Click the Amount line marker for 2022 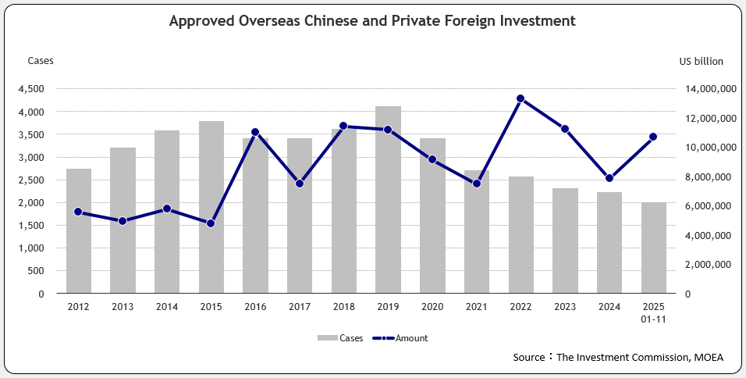pyautogui.click(x=520, y=98)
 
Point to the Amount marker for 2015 pyautogui.click(x=211, y=223)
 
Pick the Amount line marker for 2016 pyautogui.click(x=255, y=132)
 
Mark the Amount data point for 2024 pyautogui.click(x=609, y=178)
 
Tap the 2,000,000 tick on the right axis pyautogui.click(x=706, y=265)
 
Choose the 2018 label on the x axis pyautogui.click(x=343, y=308)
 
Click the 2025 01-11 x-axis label pyautogui.click(x=654, y=313)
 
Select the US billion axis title pyautogui.click(x=701, y=61)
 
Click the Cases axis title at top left pyautogui.click(x=41, y=61)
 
